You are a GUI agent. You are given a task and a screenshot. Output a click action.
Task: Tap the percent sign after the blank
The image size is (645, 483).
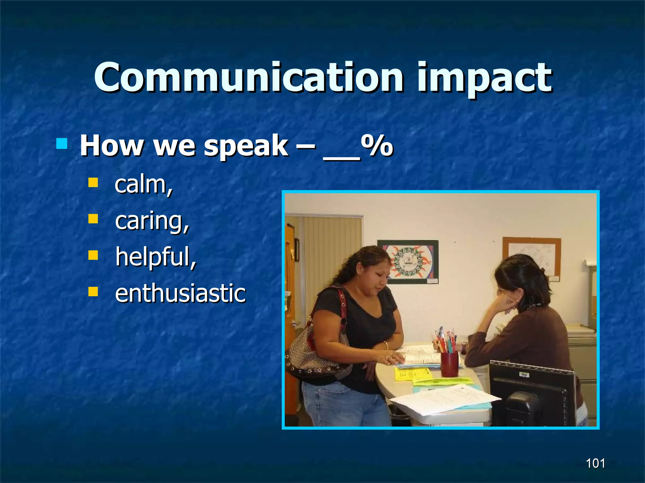coord(377,146)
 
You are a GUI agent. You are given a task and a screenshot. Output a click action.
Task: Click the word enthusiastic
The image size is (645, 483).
coord(180,293)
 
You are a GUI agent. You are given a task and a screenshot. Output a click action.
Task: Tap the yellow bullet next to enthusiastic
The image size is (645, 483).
coord(93,291)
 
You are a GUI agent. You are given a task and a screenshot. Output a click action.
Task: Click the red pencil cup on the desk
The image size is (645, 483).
coord(449,364)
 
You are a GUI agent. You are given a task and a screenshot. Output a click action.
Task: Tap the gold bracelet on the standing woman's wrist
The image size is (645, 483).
coord(386,345)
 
